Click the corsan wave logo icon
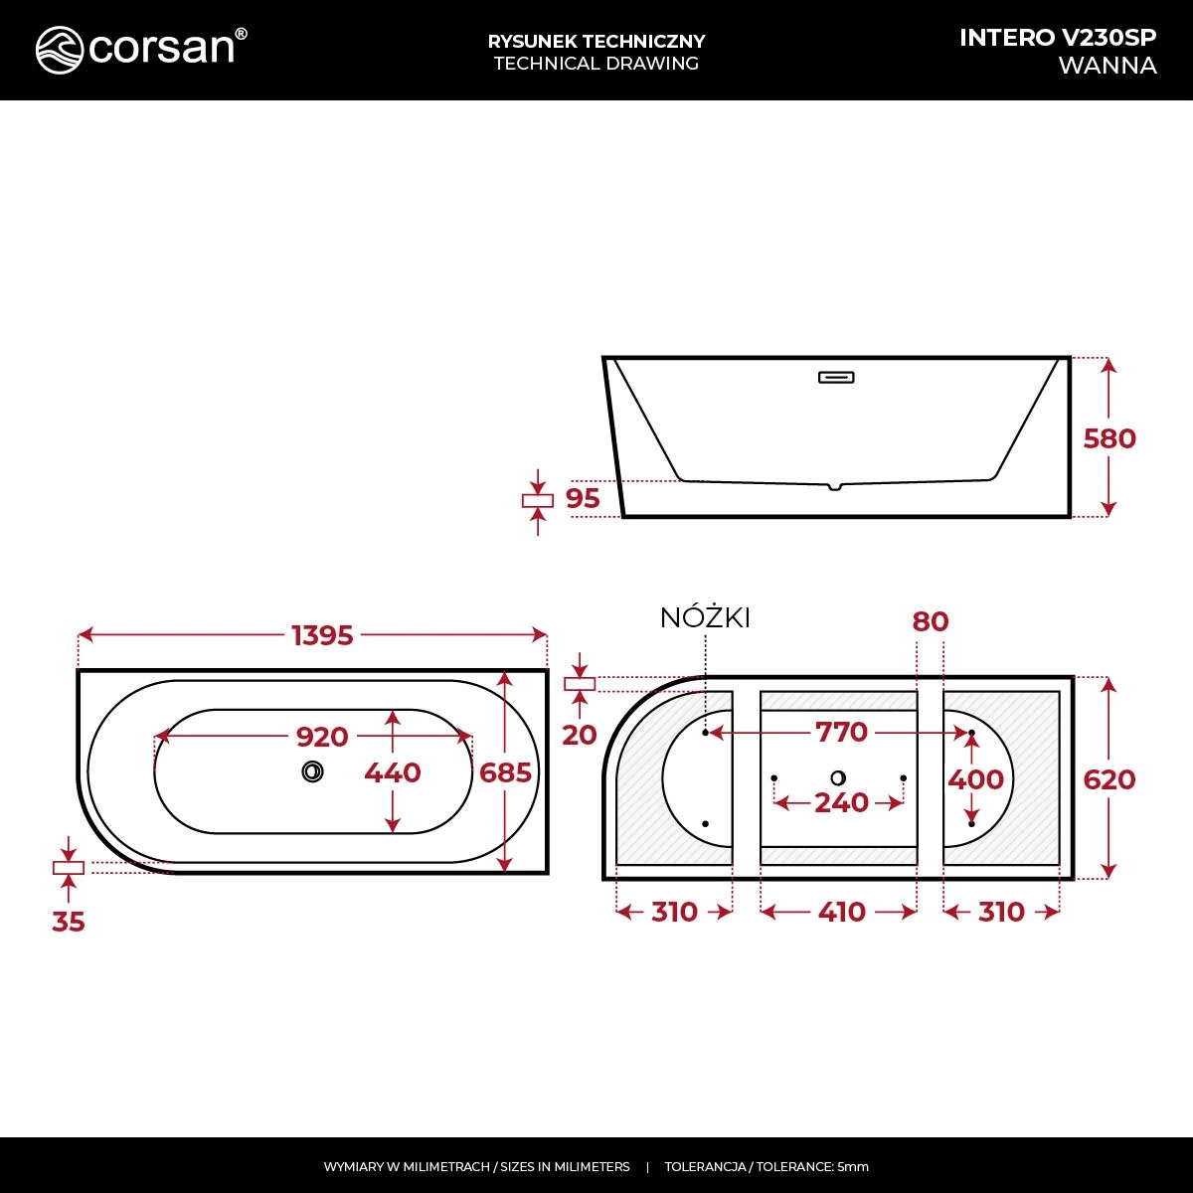pyautogui.click(x=60, y=50)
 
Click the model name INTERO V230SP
pyautogui.click(x=1058, y=38)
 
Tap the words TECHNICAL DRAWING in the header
pyautogui.click(x=596, y=64)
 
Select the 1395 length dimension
pyautogui.click(x=322, y=635)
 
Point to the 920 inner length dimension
pyautogui.click(x=322, y=737)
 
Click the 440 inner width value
pyautogui.click(x=393, y=772)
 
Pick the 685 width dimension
pyautogui.click(x=505, y=772)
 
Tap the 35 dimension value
pyautogui.click(x=69, y=922)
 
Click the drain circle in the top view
pyautogui.click(x=312, y=771)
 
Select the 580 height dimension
pyautogui.click(x=1109, y=439)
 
